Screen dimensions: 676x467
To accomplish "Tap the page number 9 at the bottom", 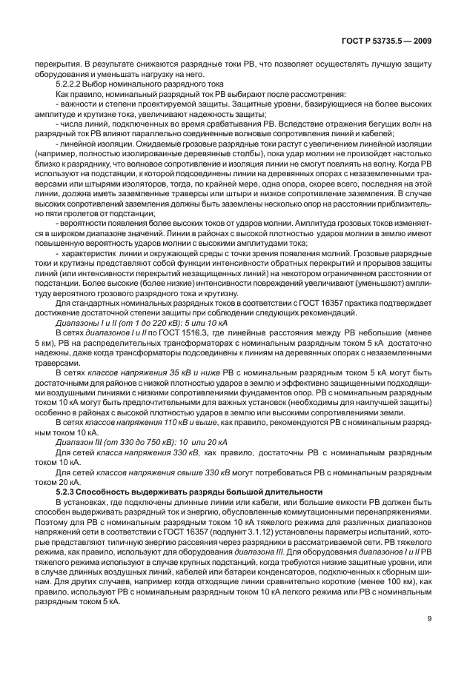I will [429, 643].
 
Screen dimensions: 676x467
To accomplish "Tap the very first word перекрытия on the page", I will [59, 67].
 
